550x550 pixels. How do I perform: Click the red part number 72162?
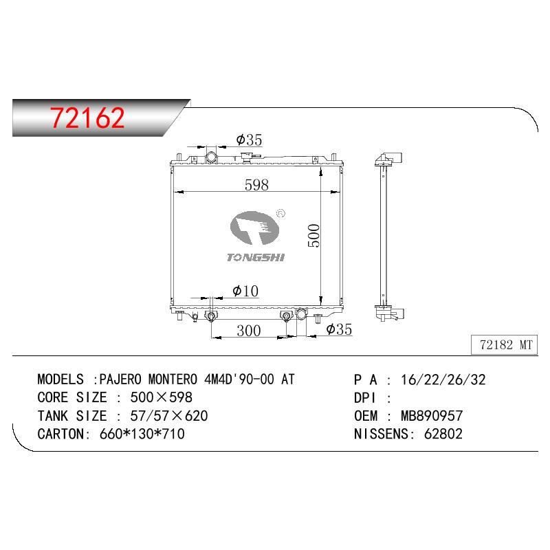[87, 118]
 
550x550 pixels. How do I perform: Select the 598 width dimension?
[256, 185]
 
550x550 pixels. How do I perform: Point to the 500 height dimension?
[314, 236]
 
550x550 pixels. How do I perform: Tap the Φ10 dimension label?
[245, 291]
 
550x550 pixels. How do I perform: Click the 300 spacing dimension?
[248, 331]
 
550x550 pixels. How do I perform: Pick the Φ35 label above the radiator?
[249, 140]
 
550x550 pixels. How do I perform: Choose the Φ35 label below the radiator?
[339, 329]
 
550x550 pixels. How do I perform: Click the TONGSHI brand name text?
[255, 257]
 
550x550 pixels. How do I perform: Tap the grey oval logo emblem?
[255, 228]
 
